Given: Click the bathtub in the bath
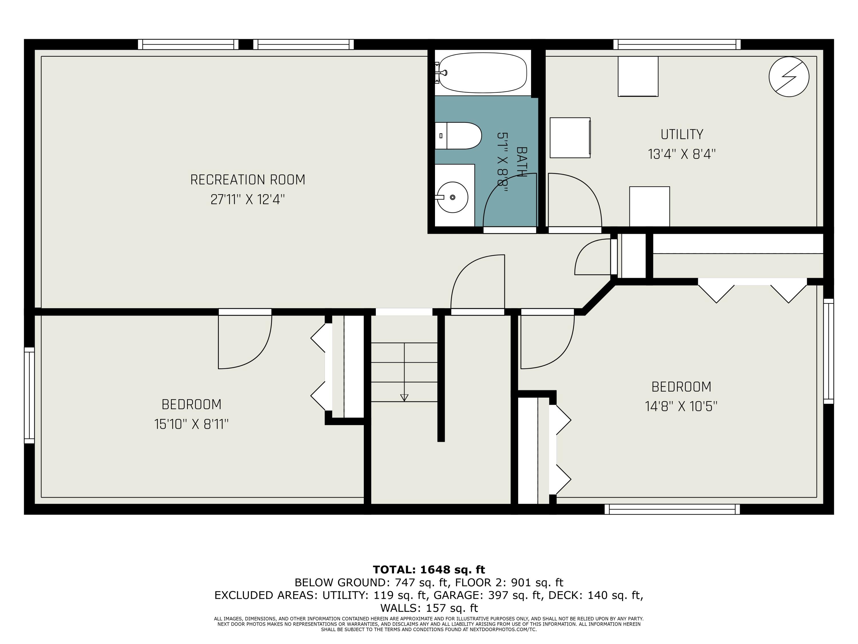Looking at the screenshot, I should tap(483, 73).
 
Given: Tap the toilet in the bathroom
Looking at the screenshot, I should tap(460, 136).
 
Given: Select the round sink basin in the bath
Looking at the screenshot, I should tap(452, 197).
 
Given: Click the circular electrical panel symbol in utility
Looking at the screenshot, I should tap(789, 76).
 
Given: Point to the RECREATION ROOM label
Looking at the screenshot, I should tap(247, 180).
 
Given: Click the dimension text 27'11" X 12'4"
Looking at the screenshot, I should tap(247, 200).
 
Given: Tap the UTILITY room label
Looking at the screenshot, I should tap(682, 134).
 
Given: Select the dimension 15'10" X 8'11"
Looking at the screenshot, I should tap(191, 424).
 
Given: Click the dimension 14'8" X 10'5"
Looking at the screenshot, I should tap(681, 406).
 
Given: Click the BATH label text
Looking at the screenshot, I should tap(522, 162).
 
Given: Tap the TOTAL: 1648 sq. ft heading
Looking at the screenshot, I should tap(429, 570).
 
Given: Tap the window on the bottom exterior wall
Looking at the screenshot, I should tap(672, 509).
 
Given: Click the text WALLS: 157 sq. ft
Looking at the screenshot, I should tap(429, 608).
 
